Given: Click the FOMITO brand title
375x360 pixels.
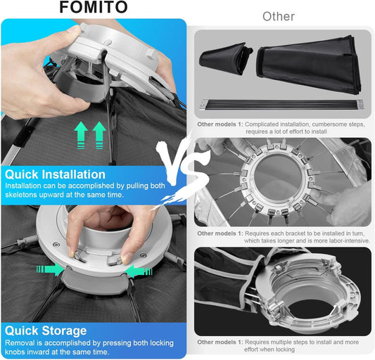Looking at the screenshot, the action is click(94, 7).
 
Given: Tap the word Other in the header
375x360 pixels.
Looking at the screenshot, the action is click(279, 17).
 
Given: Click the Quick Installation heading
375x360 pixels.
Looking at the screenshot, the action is click(55, 174).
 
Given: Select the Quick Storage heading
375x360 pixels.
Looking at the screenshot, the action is click(46, 331).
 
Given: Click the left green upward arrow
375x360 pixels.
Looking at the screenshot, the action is click(81, 135).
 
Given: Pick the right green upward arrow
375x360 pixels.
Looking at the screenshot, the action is click(99, 135).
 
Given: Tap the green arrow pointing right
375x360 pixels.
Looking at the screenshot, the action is click(50, 269).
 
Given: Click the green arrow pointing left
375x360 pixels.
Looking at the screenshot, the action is click(139, 271).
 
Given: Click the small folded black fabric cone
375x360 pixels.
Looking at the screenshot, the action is click(226, 58).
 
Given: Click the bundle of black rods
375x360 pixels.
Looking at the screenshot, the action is click(281, 105).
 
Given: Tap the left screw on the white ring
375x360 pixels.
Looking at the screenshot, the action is click(56, 245).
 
